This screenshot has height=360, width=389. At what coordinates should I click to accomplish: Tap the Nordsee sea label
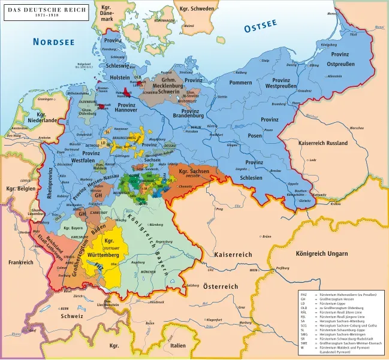click(53, 41)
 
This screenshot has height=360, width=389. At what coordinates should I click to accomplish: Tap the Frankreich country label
click(21, 262)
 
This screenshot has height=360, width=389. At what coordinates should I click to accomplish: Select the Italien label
click(177, 346)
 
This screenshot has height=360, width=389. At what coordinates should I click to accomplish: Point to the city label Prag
click(220, 210)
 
